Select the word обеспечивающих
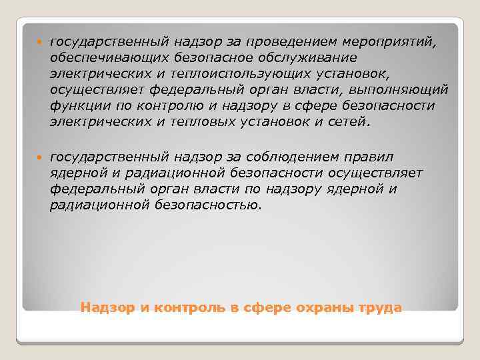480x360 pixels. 99,59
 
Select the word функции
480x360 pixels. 74,106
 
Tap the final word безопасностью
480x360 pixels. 211,205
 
